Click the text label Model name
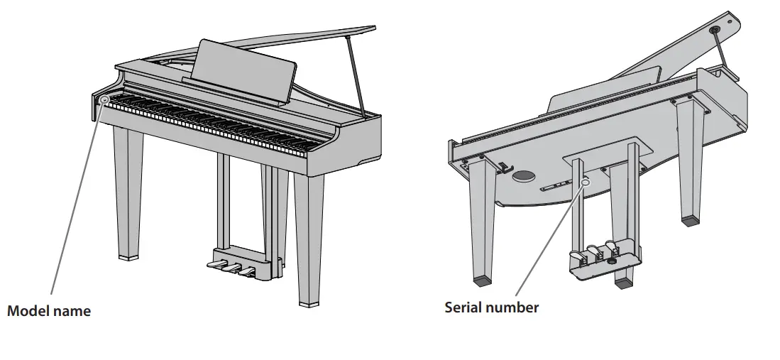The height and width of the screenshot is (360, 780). tap(49, 311)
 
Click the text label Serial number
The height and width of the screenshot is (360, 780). tap(491, 307)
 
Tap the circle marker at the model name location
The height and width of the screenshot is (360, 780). tap(105, 100)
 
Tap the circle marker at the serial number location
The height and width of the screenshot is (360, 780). tap(586, 182)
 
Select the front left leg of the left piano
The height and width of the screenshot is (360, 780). tap(128, 192)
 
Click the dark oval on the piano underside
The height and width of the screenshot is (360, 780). tap(525, 175)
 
